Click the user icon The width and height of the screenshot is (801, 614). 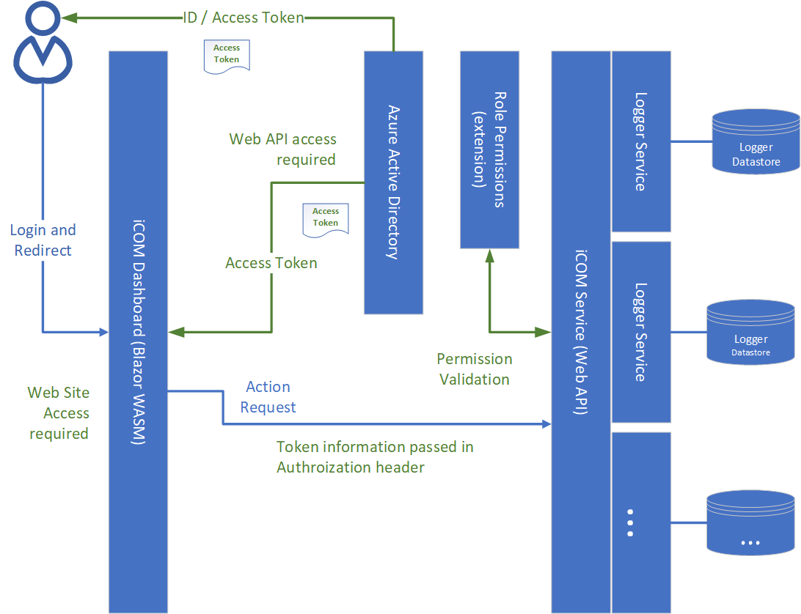point(42,43)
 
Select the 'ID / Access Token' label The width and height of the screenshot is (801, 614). point(243,18)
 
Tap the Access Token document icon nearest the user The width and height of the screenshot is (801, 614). point(226,55)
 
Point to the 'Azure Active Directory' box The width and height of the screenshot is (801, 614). point(393,182)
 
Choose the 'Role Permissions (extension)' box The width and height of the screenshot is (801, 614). point(489,149)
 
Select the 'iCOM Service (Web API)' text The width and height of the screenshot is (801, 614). point(580,331)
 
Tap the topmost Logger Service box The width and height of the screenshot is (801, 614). point(640,141)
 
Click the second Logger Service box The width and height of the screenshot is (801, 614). point(640,332)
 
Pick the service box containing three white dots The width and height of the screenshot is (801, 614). point(640,522)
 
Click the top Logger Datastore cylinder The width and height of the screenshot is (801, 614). point(756,142)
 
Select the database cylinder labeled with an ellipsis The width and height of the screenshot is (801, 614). point(750,523)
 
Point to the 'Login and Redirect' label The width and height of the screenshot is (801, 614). point(43,240)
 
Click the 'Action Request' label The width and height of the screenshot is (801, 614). point(268,397)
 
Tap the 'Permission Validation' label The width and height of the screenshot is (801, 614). point(474,369)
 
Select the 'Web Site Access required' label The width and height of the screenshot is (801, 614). point(59,413)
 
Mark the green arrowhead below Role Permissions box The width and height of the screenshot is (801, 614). point(489,254)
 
